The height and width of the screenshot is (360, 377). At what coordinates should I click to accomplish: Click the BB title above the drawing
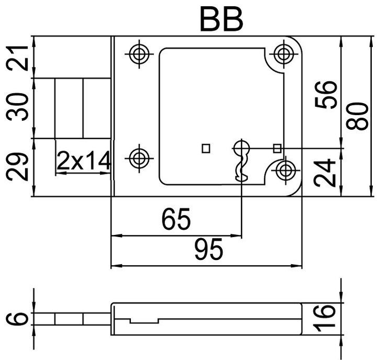[221, 20]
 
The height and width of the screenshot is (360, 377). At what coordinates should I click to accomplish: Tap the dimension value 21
[17, 58]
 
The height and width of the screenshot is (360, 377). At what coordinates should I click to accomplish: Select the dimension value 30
[17, 107]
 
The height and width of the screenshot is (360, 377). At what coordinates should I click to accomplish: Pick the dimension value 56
[325, 94]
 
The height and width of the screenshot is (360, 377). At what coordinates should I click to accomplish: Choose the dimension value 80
[357, 116]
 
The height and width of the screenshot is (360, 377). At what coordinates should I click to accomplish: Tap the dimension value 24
[325, 173]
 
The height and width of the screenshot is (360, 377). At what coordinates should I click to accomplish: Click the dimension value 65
[176, 219]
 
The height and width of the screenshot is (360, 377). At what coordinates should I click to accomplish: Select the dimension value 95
[209, 250]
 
